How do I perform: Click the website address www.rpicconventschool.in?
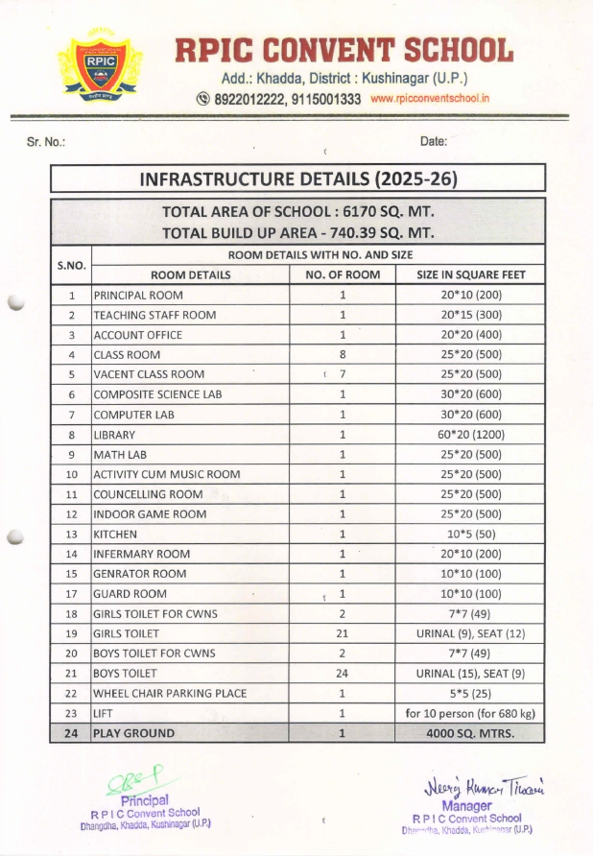[x=430, y=99]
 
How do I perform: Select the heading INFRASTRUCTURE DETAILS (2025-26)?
[x=297, y=179]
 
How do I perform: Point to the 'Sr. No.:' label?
[x=46, y=142]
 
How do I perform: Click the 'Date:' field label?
[x=434, y=142]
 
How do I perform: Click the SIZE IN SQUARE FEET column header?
[x=470, y=275]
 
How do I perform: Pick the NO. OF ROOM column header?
[x=342, y=275]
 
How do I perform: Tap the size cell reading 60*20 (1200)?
[x=470, y=435]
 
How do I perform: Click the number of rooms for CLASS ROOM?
[x=342, y=355]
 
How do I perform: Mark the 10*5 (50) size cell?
[x=470, y=535]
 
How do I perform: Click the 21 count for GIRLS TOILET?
[x=342, y=633]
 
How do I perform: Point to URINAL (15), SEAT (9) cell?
[x=470, y=674]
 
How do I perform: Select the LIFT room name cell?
[x=103, y=713]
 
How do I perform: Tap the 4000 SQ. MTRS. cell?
[x=470, y=733]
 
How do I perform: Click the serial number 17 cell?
[x=71, y=594]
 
